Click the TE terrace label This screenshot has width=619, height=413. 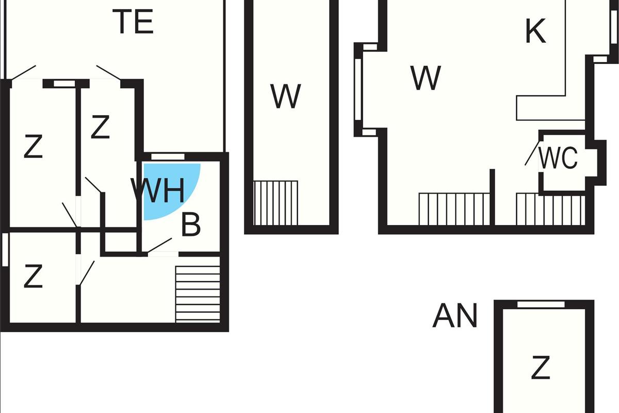(x=133, y=22)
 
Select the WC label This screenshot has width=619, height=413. (x=558, y=158)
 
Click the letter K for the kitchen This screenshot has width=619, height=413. (x=535, y=32)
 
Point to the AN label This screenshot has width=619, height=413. (x=454, y=316)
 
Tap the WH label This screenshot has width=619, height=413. (x=157, y=191)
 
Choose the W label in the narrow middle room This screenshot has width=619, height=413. (x=285, y=96)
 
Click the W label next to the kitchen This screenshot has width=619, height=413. (x=426, y=78)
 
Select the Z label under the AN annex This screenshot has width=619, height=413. (x=540, y=368)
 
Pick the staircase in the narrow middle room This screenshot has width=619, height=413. (x=276, y=202)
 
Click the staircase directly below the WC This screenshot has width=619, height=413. (x=550, y=209)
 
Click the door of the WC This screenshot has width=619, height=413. (x=531, y=154)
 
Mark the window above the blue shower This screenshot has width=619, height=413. (x=168, y=156)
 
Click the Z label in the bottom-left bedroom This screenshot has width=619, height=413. (x=33, y=278)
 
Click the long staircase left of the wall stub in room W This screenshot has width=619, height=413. (x=454, y=209)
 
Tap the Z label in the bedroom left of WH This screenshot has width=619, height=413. (x=100, y=128)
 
